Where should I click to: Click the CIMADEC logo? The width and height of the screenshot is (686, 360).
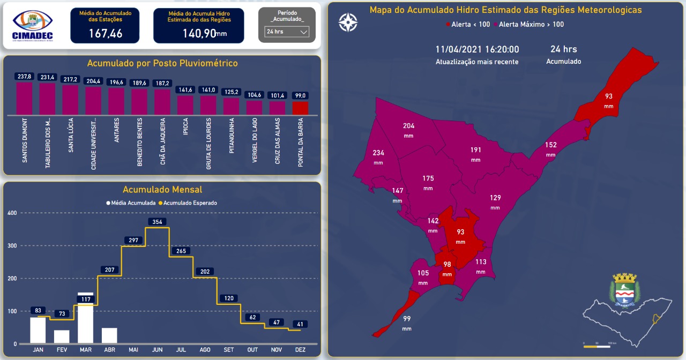pos(33,25)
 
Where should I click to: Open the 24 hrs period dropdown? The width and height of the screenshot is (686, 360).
pos(287,32)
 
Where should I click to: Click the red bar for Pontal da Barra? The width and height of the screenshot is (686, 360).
pos(300,108)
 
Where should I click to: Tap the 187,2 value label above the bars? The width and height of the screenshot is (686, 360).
pos(162,83)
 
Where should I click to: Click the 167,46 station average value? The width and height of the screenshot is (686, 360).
pos(105,34)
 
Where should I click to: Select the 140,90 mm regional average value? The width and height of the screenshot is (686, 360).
pos(199,34)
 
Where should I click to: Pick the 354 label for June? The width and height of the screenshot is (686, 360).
pos(157,222)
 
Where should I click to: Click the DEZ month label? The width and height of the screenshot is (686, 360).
pos(300,350)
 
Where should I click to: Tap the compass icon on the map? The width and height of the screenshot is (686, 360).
pos(348,22)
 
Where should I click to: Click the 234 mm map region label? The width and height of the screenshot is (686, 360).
pos(378,153)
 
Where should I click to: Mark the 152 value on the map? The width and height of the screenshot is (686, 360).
pos(551,145)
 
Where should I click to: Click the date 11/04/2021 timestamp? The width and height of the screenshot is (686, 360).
pos(477,49)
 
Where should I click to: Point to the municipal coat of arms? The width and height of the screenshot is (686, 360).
pos(623,290)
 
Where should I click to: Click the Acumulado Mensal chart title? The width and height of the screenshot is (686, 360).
pos(162,190)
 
